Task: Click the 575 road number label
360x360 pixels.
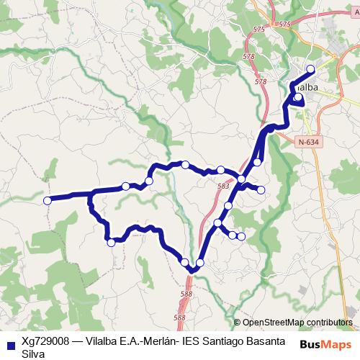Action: (x=284, y=24)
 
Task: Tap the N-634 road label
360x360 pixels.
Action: (x=307, y=142)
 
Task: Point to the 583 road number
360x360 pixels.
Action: (x=223, y=186)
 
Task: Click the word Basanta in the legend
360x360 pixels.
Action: (x=271, y=341)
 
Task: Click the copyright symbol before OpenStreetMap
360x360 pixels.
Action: (x=238, y=323)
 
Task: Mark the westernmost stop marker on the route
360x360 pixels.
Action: (x=48, y=200)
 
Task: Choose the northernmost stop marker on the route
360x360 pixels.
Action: (x=311, y=69)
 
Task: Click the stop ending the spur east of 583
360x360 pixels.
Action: (x=261, y=190)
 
